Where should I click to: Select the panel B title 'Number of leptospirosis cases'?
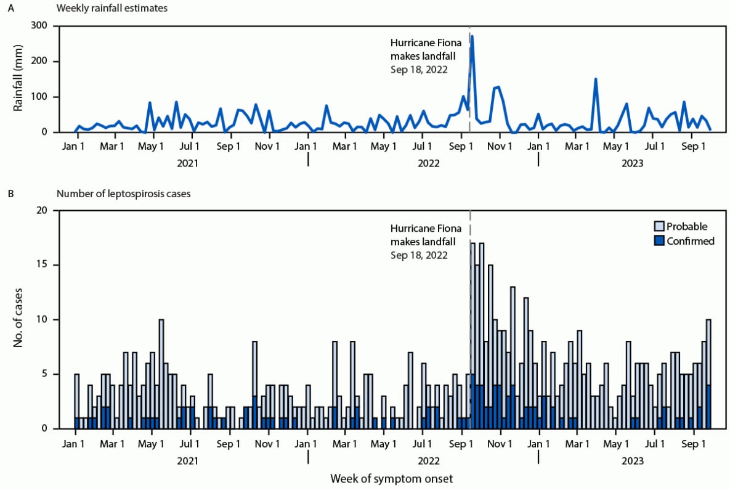pyautogui.click(x=123, y=194)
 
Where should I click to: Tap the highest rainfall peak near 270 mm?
pyautogui.click(x=472, y=36)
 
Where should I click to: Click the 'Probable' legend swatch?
pyautogui.click(x=659, y=226)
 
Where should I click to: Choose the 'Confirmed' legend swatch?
pyautogui.click(x=659, y=241)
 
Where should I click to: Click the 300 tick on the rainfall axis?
pyautogui.click(x=41, y=26)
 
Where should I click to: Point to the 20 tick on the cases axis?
pyautogui.click(x=43, y=211)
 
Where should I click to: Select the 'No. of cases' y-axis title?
pyautogui.click(x=19, y=319)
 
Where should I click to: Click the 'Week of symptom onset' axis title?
pyautogui.click(x=392, y=478)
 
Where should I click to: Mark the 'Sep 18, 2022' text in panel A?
pyautogui.click(x=419, y=70)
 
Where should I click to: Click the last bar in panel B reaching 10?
pyautogui.click(x=708, y=374)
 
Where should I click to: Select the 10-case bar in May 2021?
pyautogui.click(x=161, y=374)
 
